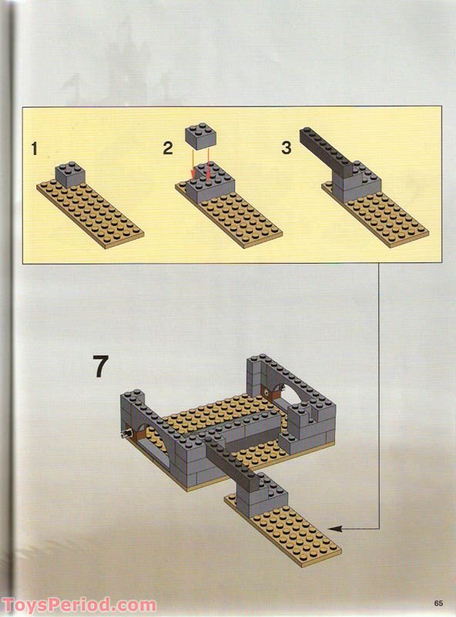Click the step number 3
click(287, 147)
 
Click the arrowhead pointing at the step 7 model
click(339, 528)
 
